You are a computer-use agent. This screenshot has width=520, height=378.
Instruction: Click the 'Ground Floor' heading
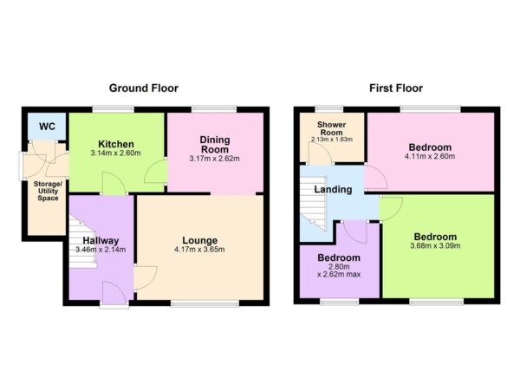pyautogui.click(x=144, y=88)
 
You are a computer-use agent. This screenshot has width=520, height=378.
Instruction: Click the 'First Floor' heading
pyautogui.click(x=395, y=88)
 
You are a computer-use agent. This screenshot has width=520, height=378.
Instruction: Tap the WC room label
pyautogui.click(x=47, y=127)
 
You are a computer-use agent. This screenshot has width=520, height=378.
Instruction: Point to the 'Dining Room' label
pyautogui.click(x=214, y=143)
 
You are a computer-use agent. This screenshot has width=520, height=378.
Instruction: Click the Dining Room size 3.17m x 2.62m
pyautogui.click(x=214, y=159)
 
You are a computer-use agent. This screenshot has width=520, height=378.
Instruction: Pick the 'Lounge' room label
pyautogui.click(x=199, y=240)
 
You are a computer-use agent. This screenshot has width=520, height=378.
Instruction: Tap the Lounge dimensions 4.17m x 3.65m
pyautogui.click(x=199, y=251)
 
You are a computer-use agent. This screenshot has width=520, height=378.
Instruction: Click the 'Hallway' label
pyautogui.click(x=101, y=240)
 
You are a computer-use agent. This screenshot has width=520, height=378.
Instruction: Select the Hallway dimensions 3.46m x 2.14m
pyautogui.click(x=101, y=251)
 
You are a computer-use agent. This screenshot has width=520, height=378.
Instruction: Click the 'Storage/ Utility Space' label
pyautogui.click(x=47, y=192)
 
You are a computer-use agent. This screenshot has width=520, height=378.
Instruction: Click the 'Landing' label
pyautogui.click(x=332, y=189)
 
